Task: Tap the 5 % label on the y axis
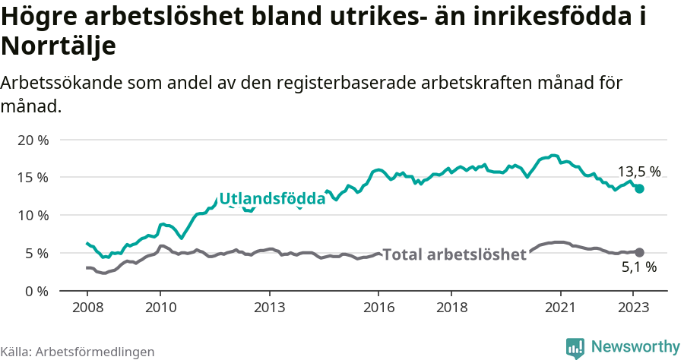tap(36, 253)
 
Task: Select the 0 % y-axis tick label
tap(36, 291)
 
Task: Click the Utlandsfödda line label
tap(272, 199)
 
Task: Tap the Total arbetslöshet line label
tap(454, 254)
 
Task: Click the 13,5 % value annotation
tap(638, 172)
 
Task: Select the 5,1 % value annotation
tap(638, 267)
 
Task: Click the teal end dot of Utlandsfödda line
tap(639, 188)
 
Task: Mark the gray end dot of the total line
tap(639, 252)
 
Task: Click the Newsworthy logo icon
tap(575, 347)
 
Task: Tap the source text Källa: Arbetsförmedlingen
tap(77, 352)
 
